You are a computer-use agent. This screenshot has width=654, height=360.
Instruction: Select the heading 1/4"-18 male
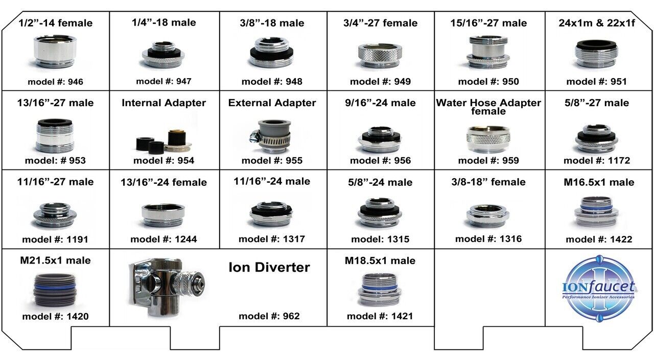click(x=163, y=22)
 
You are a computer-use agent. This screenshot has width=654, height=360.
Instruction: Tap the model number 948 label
click(x=272, y=82)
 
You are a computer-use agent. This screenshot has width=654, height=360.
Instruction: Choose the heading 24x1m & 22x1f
click(x=596, y=23)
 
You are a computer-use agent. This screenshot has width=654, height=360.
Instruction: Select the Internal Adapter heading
click(x=163, y=103)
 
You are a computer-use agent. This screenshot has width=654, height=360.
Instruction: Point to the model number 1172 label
click(x=597, y=160)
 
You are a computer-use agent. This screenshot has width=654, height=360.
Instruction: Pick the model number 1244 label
click(x=163, y=239)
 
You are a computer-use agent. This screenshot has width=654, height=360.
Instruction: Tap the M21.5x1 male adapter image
click(x=54, y=289)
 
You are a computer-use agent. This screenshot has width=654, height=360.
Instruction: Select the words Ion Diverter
click(x=269, y=267)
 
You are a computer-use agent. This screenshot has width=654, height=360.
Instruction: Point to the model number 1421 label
click(x=380, y=316)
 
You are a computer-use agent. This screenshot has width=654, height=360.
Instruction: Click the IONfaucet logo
click(x=598, y=290)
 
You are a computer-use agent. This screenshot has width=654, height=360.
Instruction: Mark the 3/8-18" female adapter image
click(x=488, y=214)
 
